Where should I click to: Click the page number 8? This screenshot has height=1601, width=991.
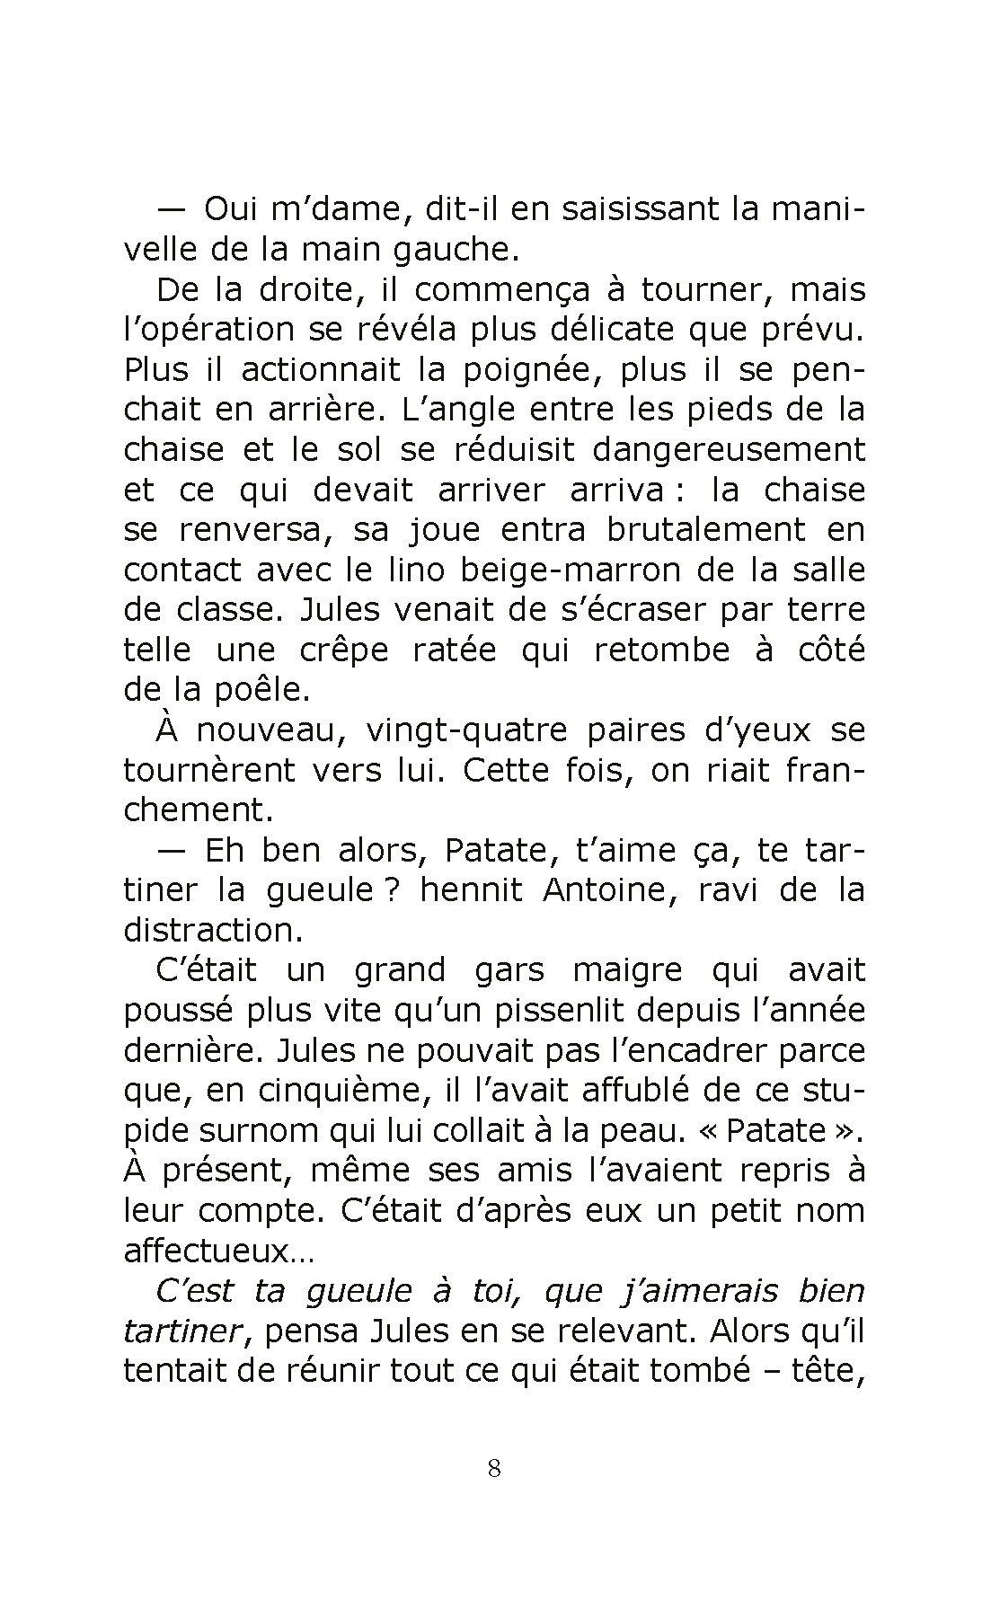click(x=493, y=1469)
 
